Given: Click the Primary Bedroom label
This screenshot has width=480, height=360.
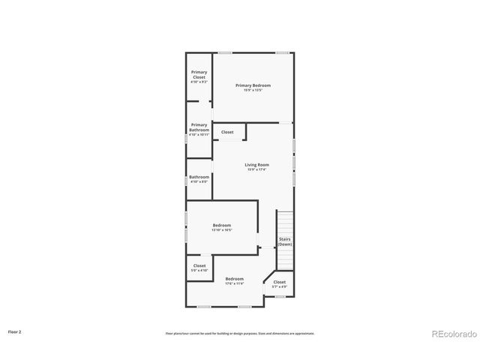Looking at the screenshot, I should pyautogui.click(x=253, y=85).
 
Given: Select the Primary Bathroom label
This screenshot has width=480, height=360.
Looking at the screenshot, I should pyautogui.click(x=199, y=127).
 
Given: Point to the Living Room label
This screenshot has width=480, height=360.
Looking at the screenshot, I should pyautogui.click(x=256, y=165).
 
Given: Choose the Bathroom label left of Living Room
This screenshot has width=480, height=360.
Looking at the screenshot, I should pyautogui.click(x=199, y=177).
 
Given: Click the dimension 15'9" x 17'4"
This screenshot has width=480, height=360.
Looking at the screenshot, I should pyautogui.click(x=256, y=170).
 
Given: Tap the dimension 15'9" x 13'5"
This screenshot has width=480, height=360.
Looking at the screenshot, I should pyautogui.click(x=253, y=90).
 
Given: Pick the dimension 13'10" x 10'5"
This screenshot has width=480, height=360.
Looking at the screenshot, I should pyautogui.click(x=222, y=230).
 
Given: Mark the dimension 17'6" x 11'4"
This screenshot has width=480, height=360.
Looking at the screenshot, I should pyautogui.click(x=235, y=283).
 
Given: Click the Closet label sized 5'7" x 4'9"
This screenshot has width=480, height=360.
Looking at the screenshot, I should pyautogui.click(x=279, y=283).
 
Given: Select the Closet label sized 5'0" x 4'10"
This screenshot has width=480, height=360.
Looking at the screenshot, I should pyautogui.click(x=199, y=265).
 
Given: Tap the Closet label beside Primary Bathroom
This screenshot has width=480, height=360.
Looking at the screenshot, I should pyautogui.click(x=227, y=132).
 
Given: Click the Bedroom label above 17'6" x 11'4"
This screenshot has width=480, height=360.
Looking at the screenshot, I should pyautogui.click(x=235, y=279).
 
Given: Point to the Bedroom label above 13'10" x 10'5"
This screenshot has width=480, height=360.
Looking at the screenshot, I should pyautogui.click(x=222, y=225).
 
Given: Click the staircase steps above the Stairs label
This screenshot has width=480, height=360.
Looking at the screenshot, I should pyautogui.click(x=285, y=223).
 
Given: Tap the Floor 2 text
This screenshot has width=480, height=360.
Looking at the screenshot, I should pyautogui.click(x=16, y=331).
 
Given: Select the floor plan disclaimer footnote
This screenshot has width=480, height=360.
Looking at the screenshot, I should pyautogui.click(x=240, y=333).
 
